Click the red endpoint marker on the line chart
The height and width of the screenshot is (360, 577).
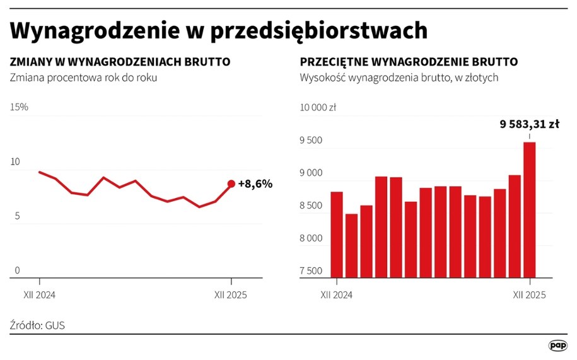click(231, 183)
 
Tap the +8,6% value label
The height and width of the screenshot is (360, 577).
click(255, 184)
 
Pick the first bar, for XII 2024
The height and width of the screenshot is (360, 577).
click(337, 234)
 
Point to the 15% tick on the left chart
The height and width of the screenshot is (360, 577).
click(19, 107)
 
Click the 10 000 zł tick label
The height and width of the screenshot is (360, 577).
click(318, 107)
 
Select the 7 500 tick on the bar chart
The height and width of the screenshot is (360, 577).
click(311, 271)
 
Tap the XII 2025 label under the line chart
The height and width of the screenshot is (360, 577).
click(230, 294)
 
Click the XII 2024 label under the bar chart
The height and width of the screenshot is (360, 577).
click(336, 294)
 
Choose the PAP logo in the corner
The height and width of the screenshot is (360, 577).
click(557, 345)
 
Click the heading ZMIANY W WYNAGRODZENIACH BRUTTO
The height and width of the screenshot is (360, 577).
click(120, 62)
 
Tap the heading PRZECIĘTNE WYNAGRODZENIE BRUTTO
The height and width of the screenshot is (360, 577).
click(409, 62)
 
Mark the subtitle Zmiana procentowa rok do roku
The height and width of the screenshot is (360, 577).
click(83, 78)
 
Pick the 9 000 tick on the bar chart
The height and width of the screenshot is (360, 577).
click(311, 173)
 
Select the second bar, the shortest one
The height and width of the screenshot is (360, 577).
click(352, 245)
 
